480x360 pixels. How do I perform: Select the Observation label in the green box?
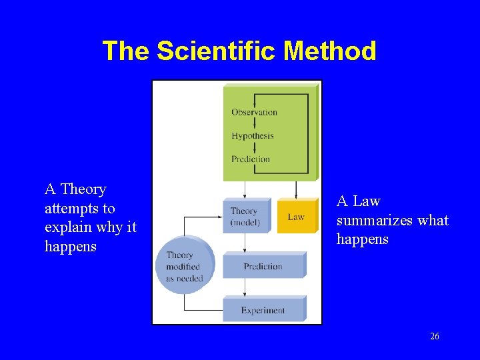254,112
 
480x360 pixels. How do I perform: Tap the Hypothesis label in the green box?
253,135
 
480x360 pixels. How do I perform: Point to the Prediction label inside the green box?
251,159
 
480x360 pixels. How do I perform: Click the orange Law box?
297,216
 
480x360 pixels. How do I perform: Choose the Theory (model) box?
245,216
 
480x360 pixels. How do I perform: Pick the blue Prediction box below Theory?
263,266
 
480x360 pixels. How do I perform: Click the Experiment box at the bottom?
263,310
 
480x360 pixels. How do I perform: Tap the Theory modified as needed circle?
185,266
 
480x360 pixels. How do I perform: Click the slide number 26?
435,336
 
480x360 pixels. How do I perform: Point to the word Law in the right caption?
366,201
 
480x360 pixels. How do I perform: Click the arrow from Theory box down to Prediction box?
245,243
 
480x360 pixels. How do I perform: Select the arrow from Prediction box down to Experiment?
245,287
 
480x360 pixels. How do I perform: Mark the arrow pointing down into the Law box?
296,189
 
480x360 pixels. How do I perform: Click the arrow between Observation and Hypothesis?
253,124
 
